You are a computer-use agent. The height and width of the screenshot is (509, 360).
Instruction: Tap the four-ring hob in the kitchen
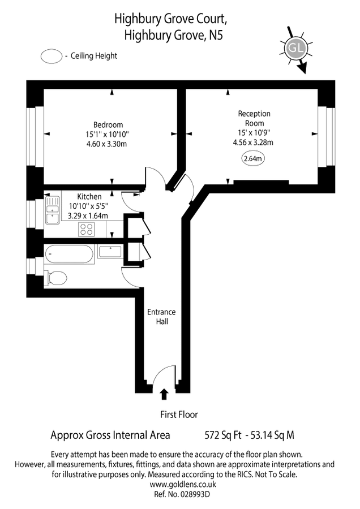[87, 229]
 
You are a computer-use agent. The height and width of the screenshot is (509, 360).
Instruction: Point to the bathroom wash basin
[109, 251]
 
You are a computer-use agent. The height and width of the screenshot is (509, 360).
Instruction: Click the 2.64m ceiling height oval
[252, 159]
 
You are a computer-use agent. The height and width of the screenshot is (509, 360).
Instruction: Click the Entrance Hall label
[161, 316]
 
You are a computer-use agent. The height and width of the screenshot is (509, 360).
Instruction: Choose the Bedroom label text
[108, 125]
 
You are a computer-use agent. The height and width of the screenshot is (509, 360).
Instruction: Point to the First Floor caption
[178, 415]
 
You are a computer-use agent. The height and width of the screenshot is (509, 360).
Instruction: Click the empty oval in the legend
[50, 56]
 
